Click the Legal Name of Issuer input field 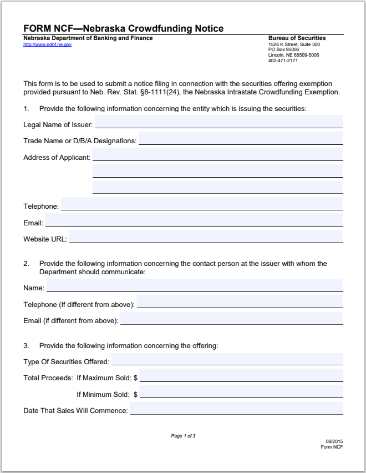pos(218,122)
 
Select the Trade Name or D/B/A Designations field pos(241,138)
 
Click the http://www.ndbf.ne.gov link pos(47,44)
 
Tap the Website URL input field pos(206,236)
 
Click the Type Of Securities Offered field pos(227,359)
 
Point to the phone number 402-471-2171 pos(282,60)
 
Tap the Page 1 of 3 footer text pos(183,436)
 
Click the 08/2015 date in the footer pos(334,442)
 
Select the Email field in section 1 pos(194,220)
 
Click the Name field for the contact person pos(195,285)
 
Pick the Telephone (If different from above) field pos(240,301)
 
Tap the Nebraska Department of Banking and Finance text pos(88,38)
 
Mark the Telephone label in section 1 pos(40,207)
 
